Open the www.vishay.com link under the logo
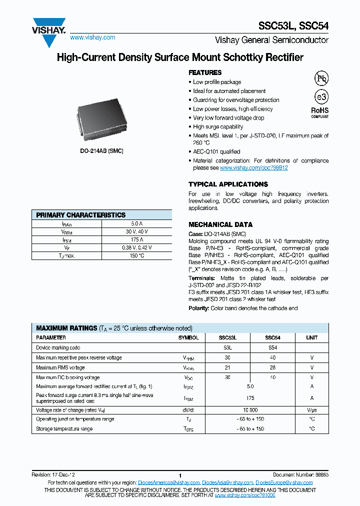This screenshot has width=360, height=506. click(x=92, y=37)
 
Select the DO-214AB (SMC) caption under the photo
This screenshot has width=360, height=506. click(x=101, y=150)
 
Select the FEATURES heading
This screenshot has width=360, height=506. click(x=205, y=72)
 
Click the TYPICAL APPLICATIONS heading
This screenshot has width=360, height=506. click(x=228, y=184)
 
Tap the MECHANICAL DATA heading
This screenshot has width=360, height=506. click(x=220, y=224)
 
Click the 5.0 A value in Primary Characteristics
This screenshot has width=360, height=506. click(x=136, y=224)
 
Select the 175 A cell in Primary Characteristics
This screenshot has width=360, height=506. click(x=136, y=239)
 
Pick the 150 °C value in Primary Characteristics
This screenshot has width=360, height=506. click(x=136, y=255)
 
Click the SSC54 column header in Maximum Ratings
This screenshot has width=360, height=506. click(x=272, y=338)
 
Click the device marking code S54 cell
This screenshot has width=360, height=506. click(x=272, y=347)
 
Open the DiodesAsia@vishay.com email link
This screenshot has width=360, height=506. click(x=227, y=482)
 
